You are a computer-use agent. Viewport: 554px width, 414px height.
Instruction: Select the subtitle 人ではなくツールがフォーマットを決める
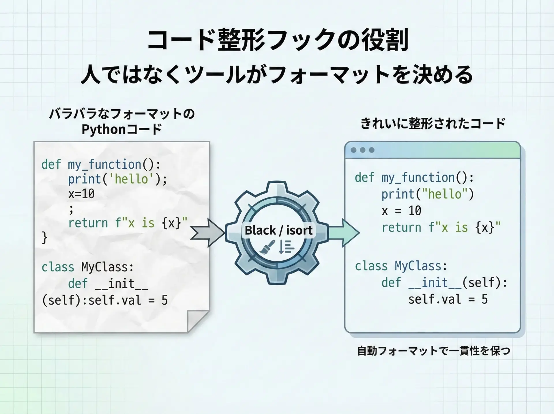tap(277, 74)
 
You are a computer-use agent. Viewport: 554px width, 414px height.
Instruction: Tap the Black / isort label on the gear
tap(278, 230)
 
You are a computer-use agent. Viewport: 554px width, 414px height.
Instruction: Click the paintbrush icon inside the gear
tap(267, 247)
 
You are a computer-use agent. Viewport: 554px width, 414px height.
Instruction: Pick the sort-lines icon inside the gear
tap(286, 247)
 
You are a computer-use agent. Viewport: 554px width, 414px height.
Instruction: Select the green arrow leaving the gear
tap(343, 233)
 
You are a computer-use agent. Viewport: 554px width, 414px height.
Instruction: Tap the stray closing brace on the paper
tap(44, 237)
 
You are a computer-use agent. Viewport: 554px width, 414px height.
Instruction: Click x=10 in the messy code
tap(81, 194)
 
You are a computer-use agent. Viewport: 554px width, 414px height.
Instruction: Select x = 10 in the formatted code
tap(401, 211)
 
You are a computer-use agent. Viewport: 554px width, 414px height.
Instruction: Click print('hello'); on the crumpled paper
tap(117, 179)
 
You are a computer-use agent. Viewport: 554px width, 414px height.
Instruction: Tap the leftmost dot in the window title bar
tap(353, 150)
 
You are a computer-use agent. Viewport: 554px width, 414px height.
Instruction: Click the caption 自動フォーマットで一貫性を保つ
tap(434, 351)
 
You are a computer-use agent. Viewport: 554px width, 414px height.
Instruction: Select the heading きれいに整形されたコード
tap(433, 124)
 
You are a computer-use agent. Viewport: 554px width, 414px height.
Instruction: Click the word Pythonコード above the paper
tap(121, 129)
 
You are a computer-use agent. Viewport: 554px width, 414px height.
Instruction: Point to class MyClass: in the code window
tap(401, 266)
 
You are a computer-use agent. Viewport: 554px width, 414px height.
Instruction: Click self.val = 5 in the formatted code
tap(448, 299)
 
